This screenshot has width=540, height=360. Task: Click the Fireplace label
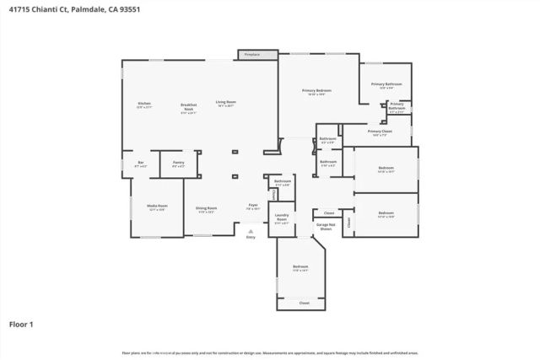point(250,55)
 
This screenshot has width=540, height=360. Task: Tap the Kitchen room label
point(144,105)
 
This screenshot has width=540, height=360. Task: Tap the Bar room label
point(140,164)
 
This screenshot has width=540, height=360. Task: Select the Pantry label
point(178,164)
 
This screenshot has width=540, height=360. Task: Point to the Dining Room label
point(207,209)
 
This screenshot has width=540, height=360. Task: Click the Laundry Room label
point(282,220)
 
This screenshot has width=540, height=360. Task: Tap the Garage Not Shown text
point(324,226)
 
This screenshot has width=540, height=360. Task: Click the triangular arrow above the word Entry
point(250,230)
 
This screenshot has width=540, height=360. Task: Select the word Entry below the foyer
point(250,238)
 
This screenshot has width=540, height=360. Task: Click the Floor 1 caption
point(21,323)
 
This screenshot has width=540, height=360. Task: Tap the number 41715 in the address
point(21,9)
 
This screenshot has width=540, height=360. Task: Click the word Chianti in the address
point(49,9)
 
